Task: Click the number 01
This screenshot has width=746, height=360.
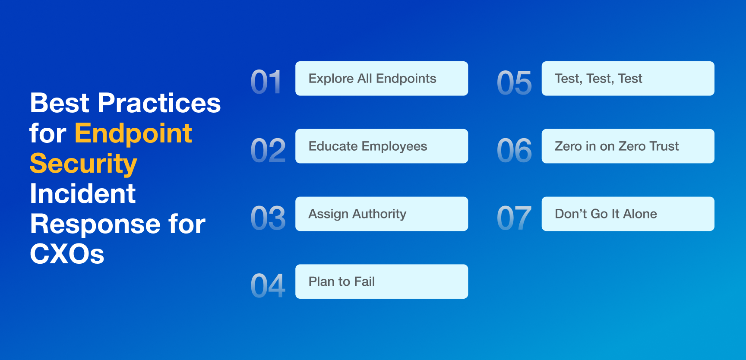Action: (266, 82)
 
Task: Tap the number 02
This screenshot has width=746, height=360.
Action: (268, 150)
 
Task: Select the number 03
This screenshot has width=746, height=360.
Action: (268, 218)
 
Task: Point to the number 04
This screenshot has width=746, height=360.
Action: (268, 286)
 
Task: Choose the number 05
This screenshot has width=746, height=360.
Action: (514, 82)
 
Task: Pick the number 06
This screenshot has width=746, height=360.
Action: (514, 150)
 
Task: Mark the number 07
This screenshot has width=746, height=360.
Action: (514, 218)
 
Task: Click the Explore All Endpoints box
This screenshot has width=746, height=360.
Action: (382, 79)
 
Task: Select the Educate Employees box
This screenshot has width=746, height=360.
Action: (382, 146)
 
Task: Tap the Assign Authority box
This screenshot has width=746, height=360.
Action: (382, 214)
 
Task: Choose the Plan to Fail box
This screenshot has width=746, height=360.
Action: (382, 281)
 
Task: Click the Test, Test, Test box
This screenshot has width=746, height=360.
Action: (628, 79)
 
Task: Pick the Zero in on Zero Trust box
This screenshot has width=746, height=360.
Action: (628, 146)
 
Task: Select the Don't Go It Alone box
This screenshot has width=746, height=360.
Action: (628, 214)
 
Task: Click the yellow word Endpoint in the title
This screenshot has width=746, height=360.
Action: (133, 134)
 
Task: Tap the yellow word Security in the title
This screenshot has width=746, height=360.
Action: (83, 164)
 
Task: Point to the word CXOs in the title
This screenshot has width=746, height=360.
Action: (67, 254)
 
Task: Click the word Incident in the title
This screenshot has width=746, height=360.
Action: (83, 194)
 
